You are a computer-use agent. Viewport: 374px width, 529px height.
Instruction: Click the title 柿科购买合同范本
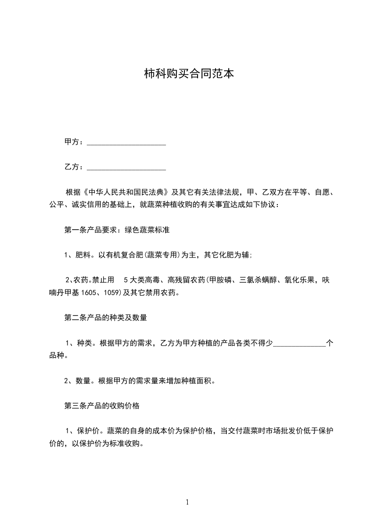[188, 74]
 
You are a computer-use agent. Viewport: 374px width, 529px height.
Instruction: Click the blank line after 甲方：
[126, 142]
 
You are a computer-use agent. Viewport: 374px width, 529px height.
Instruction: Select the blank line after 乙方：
[126, 167]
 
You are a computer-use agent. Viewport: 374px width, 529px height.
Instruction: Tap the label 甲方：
[74, 142]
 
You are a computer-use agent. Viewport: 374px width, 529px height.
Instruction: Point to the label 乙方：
[74, 167]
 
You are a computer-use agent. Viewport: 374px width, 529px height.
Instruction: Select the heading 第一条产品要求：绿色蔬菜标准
[117, 231]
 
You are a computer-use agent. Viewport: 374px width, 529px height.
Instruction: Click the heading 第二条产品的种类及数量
[106, 318]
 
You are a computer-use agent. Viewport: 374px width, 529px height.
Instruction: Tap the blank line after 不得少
[299, 343]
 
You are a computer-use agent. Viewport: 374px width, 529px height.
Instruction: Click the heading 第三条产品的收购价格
[101, 406]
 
